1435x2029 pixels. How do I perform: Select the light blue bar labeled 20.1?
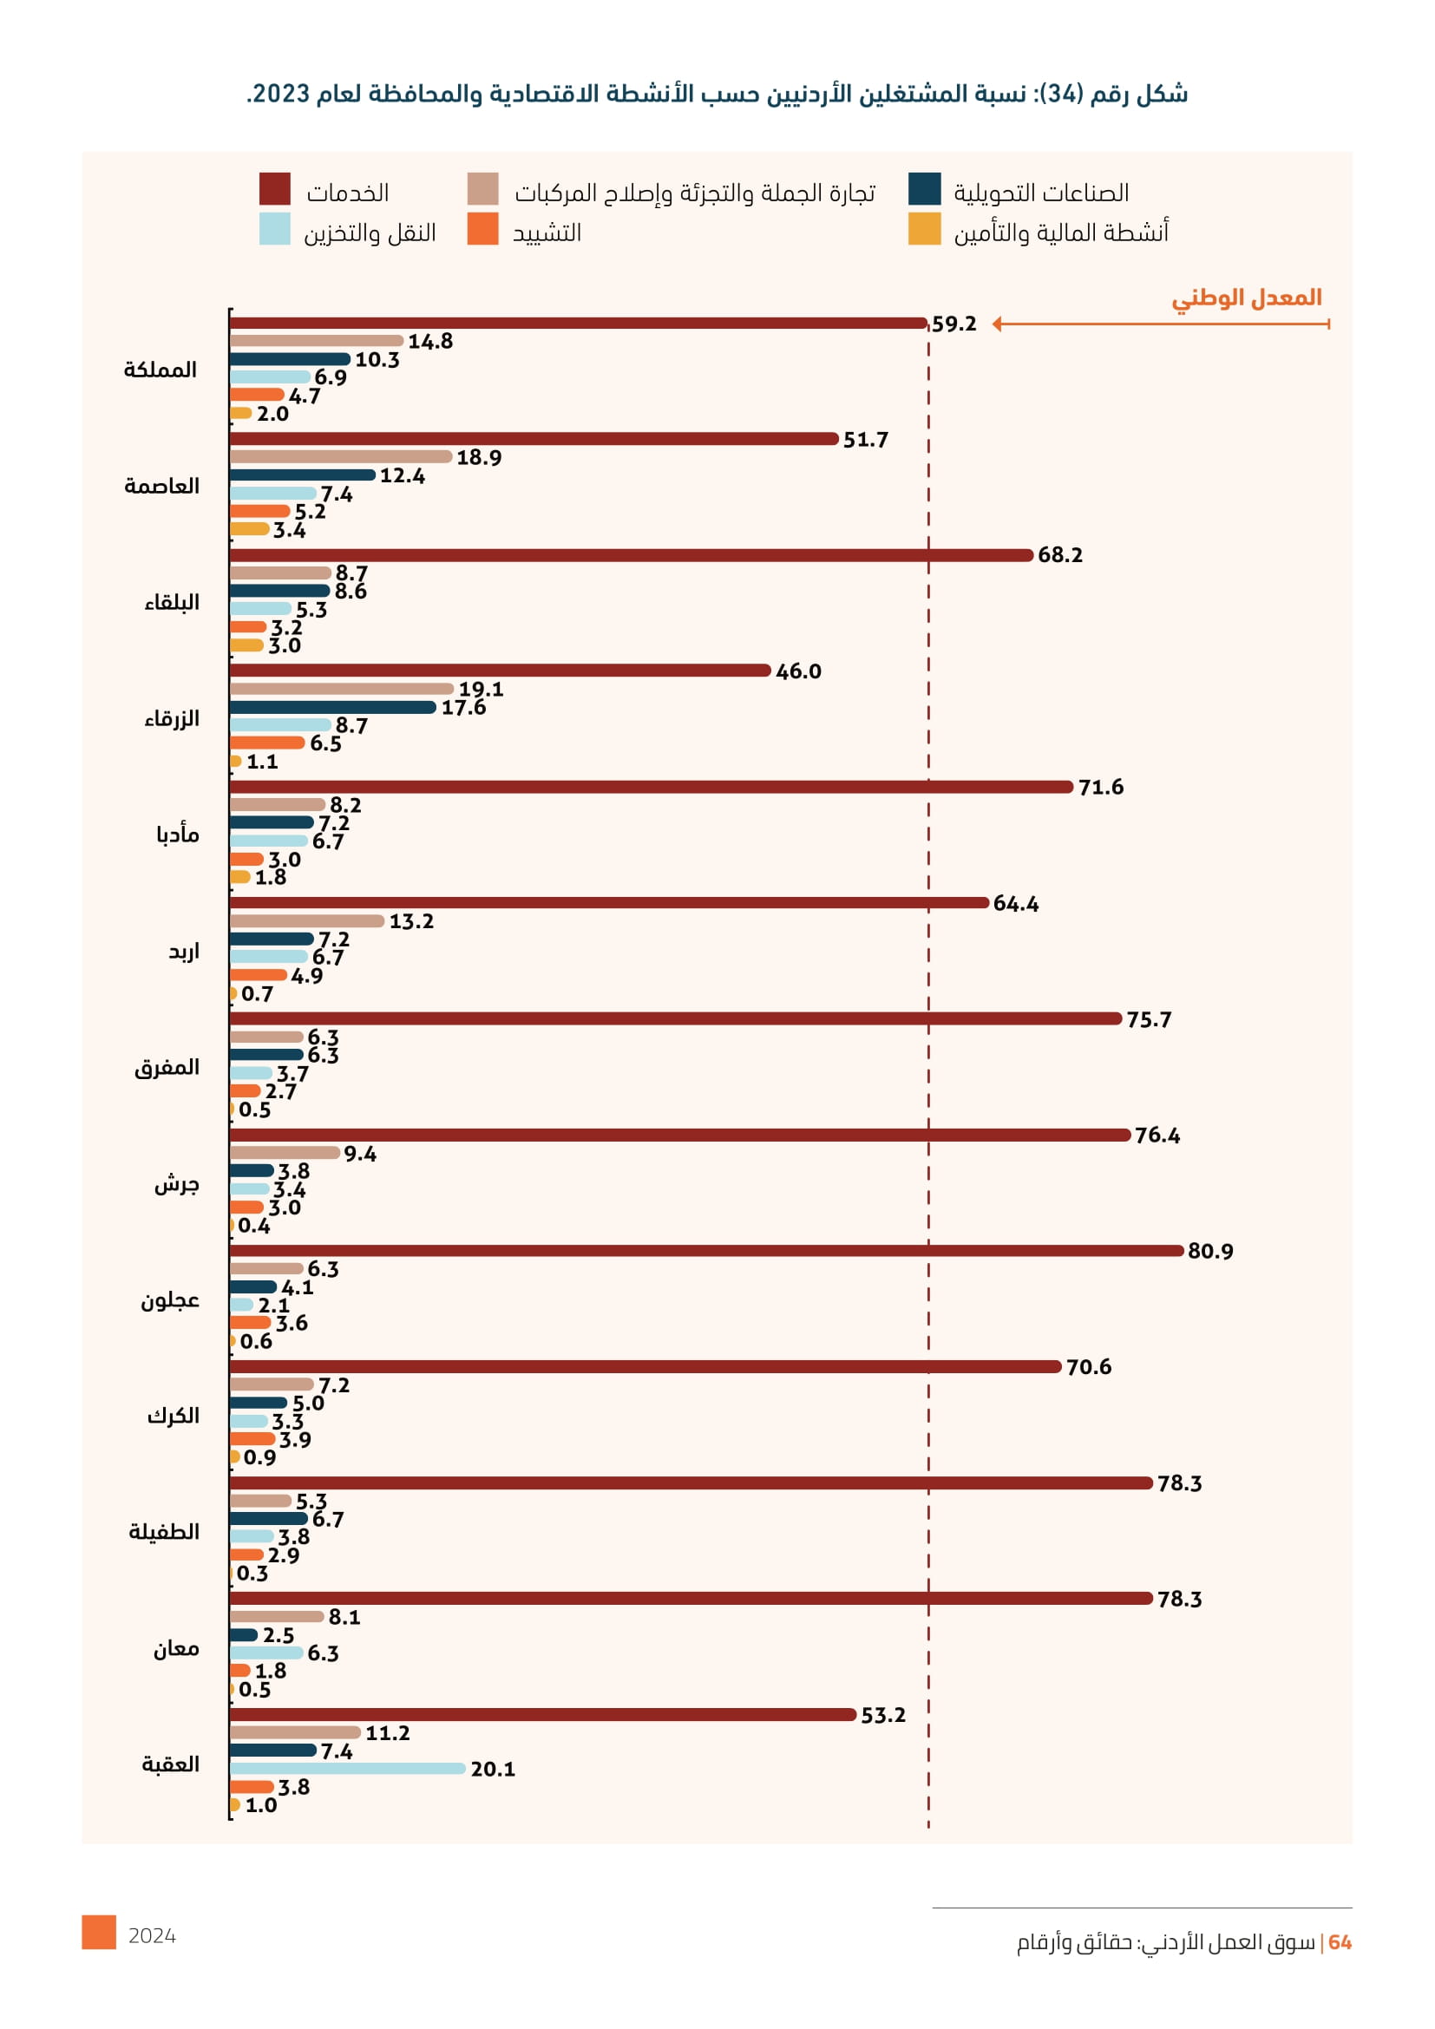(347, 1768)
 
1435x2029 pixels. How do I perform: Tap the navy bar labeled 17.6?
(333, 707)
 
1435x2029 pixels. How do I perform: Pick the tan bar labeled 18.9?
(341, 457)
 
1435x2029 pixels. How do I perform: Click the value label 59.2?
(954, 324)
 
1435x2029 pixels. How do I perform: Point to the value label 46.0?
(798, 671)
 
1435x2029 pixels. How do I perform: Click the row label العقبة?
(171, 1764)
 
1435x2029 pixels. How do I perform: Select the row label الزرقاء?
(172, 718)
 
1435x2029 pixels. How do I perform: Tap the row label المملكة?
(160, 370)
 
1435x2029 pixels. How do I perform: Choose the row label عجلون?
(170, 1300)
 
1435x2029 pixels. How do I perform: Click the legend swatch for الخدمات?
(275, 190)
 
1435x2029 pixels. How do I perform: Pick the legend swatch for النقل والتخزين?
(275, 229)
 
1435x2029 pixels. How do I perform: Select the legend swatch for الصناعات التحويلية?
(924, 190)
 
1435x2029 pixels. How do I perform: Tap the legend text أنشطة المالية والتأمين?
(1060, 232)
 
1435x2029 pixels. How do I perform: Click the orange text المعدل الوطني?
(1246, 298)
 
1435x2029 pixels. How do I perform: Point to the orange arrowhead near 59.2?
(997, 324)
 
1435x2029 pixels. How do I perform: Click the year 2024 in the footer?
(152, 1936)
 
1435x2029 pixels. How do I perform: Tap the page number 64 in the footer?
(1340, 1942)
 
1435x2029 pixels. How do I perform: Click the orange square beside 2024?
(99, 1932)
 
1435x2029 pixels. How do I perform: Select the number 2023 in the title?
(280, 94)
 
